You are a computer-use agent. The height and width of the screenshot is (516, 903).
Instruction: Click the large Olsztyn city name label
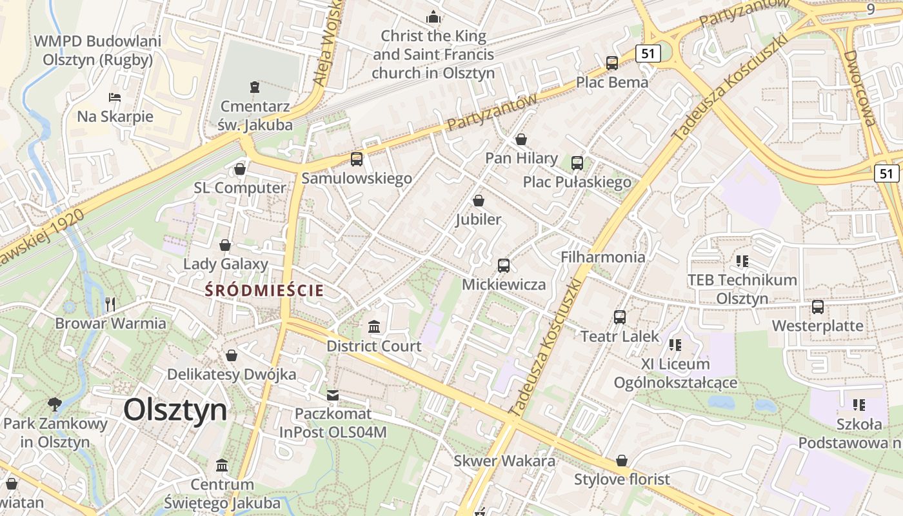click(175, 410)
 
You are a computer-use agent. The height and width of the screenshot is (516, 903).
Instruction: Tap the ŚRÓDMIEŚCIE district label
click(264, 290)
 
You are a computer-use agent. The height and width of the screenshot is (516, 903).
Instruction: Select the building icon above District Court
click(374, 327)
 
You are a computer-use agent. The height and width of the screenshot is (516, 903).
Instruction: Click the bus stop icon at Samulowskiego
click(357, 159)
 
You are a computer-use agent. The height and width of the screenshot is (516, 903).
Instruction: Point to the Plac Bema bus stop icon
click(612, 63)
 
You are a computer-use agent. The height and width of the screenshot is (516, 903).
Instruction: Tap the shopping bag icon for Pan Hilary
click(521, 139)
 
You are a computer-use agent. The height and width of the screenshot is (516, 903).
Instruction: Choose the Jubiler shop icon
click(479, 201)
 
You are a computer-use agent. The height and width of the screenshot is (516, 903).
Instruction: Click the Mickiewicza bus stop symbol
click(504, 265)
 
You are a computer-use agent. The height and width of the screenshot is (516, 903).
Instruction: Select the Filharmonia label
click(602, 257)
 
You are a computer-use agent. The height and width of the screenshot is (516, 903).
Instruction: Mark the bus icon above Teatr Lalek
click(620, 317)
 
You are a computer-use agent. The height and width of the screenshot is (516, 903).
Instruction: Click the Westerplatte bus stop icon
click(818, 307)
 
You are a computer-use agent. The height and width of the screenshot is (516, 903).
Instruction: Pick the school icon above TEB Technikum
click(742, 261)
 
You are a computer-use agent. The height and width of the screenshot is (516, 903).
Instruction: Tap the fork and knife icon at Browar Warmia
click(110, 304)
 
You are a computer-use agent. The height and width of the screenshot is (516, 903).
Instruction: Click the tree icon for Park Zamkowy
click(55, 404)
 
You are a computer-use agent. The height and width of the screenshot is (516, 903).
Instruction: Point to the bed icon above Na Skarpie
click(115, 97)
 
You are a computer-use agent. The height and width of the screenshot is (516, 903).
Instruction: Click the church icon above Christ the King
click(433, 17)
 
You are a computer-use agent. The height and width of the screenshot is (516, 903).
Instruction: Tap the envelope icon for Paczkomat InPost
click(333, 395)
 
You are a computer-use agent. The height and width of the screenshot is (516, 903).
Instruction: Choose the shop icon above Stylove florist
click(622, 461)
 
